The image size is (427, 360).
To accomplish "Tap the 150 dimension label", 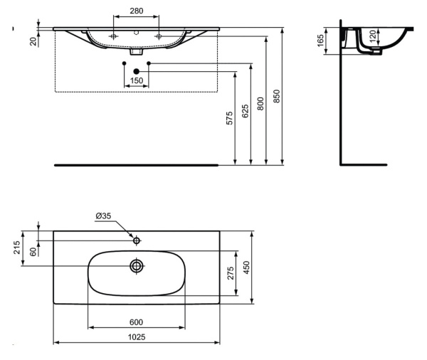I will point(136,81).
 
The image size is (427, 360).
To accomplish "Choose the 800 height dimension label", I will point(261,103).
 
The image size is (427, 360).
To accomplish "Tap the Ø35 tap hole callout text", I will point(103,216).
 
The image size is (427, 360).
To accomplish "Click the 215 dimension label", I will point(16,248).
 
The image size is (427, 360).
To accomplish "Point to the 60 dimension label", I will point(33,251).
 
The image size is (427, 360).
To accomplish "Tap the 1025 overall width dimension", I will point(136,337).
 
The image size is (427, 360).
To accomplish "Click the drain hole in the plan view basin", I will point(137,266).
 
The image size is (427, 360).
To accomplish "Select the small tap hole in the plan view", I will point(137,240).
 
